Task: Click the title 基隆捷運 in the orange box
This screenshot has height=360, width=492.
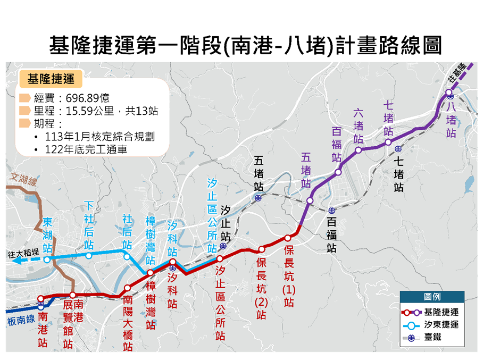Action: [51, 79]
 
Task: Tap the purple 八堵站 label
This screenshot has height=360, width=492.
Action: [451, 119]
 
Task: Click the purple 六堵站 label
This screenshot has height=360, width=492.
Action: [358, 125]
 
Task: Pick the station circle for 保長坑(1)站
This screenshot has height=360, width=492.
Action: [288, 238]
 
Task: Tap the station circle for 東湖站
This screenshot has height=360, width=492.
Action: [47, 260]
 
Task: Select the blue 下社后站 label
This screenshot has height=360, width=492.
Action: [89, 226]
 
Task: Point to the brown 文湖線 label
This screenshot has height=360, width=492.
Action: [22, 175]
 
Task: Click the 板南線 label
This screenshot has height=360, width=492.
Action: [21, 319]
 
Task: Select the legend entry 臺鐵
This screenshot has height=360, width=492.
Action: [432, 337]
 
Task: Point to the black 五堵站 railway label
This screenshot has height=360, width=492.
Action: [258, 173]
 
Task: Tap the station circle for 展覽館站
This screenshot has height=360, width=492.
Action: [73, 295]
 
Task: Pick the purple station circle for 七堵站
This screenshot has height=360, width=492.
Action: [388, 142]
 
